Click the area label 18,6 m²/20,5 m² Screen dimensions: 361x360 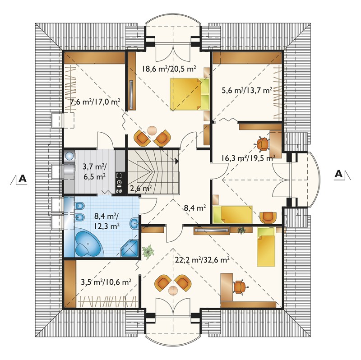pyautogui.click(x=169, y=69)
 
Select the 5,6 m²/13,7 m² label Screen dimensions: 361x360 pyautogui.click(x=246, y=90)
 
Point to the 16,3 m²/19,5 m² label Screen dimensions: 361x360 pyautogui.click(x=249, y=158)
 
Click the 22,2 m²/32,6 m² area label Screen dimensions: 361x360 pyautogui.click(x=202, y=260)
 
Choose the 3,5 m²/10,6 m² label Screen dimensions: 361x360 pyautogui.click(x=106, y=282)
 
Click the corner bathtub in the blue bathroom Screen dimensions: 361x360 pyautogui.click(x=89, y=243)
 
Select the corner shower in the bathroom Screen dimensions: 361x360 pyautogui.click(x=130, y=248)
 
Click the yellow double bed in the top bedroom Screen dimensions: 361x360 pyautogui.click(x=190, y=94)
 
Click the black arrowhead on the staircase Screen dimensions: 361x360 pyautogui.click(x=176, y=161)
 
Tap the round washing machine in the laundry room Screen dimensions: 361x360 pyautogui.click(x=69, y=156)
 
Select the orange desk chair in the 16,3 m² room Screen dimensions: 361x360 pyautogui.click(x=263, y=144)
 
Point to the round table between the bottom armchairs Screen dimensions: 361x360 pyautogui.click(x=172, y=291)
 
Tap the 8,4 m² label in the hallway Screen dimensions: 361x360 pyautogui.click(x=195, y=208)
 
